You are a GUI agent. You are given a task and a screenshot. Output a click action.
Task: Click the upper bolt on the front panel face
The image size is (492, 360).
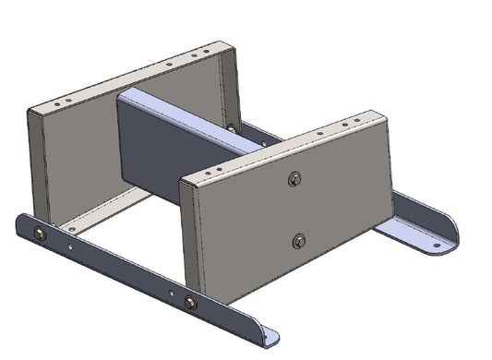(x=294, y=179)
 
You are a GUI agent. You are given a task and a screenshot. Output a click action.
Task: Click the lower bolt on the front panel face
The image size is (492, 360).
(x=298, y=241)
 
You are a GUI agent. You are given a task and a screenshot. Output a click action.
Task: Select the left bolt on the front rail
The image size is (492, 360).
(x=40, y=234)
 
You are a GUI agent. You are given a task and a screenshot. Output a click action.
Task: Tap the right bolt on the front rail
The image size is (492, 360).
(x=190, y=303)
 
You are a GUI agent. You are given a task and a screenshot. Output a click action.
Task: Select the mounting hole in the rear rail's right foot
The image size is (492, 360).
(x=438, y=246)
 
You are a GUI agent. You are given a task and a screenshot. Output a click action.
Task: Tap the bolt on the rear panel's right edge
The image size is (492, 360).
(x=231, y=127)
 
